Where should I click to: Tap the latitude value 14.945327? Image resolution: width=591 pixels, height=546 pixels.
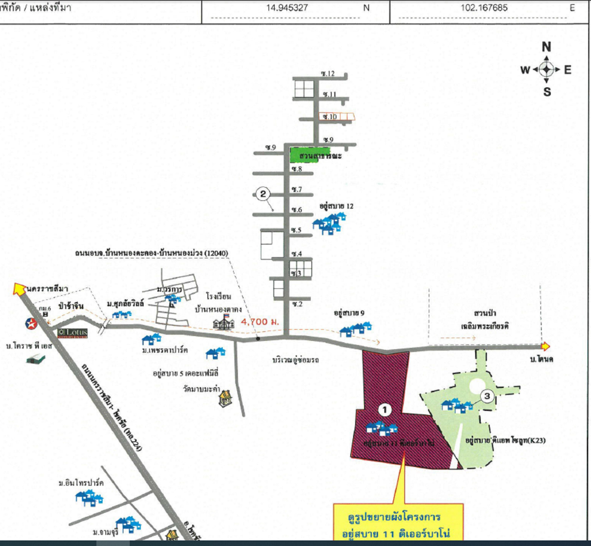click(287, 8)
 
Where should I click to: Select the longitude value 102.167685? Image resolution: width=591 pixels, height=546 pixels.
click(484, 8)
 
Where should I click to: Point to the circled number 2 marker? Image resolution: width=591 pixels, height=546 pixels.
click(263, 194)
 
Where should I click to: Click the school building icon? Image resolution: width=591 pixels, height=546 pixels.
click(224, 322)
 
